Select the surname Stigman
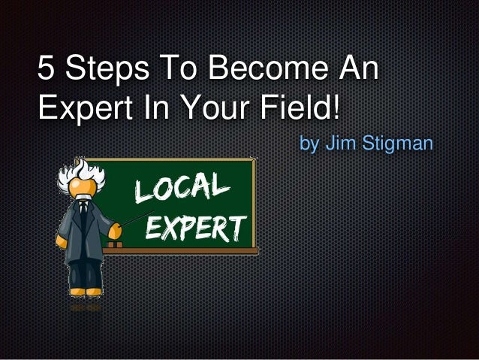pos(398,143)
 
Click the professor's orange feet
pos(83,291)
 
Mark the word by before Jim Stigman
pos(309,143)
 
